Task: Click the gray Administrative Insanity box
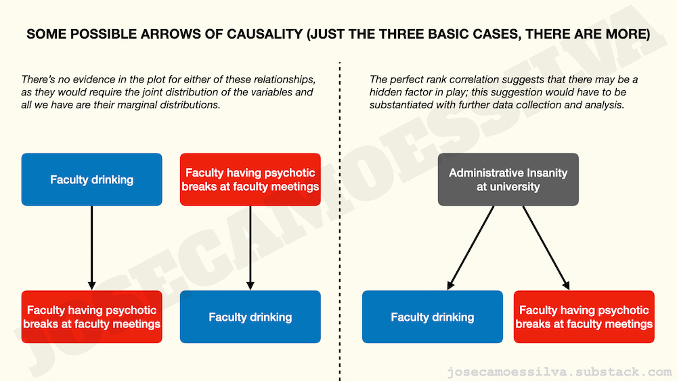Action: [508, 179]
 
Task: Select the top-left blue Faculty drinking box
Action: [91, 179]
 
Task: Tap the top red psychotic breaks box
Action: [250, 179]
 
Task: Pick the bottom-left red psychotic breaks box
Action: [91, 317]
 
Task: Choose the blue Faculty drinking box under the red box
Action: [250, 317]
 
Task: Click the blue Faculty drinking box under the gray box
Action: [432, 317]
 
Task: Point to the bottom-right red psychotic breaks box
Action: [584, 317]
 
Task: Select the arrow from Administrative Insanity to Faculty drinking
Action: [471, 248]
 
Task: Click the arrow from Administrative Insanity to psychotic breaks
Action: [546, 248]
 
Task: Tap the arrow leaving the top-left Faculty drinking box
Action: [91, 248]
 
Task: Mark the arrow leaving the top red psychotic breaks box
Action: [250, 248]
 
